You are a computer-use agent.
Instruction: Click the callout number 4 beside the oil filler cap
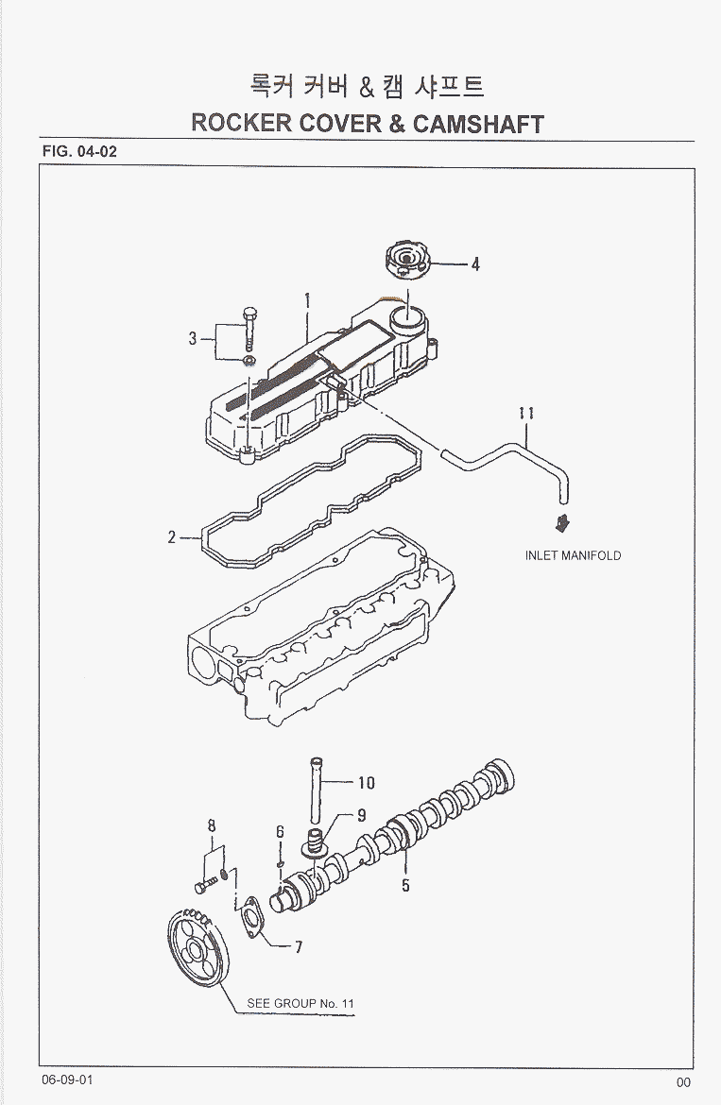tap(476, 264)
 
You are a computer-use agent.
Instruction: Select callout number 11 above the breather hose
tap(527, 413)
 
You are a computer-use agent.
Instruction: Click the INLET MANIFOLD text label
tap(573, 555)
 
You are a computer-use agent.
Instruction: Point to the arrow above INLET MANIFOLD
tap(562, 522)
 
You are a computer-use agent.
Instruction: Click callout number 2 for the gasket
tap(173, 537)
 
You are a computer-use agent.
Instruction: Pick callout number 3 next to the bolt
tap(193, 337)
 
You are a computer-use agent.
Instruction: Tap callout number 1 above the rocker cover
tap(307, 302)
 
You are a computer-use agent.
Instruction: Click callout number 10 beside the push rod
tap(366, 782)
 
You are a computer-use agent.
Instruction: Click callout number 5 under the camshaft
tap(405, 885)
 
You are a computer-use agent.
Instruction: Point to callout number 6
tap(280, 831)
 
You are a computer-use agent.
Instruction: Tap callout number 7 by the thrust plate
tap(298, 948)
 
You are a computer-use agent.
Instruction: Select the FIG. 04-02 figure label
tap(79, 152)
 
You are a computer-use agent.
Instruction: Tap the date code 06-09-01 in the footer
tap(67, 1079)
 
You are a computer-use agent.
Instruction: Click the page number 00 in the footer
tap(683, 1083)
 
